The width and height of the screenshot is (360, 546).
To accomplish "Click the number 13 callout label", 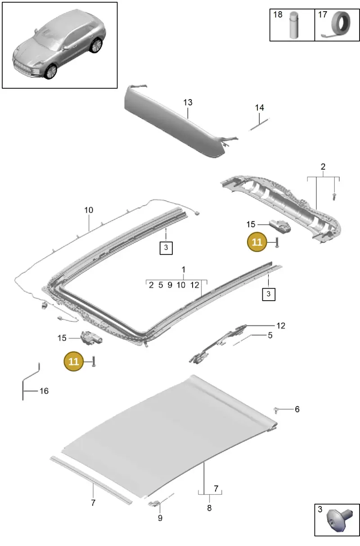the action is coord(188,102).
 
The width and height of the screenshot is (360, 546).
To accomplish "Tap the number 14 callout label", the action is coord(259,108).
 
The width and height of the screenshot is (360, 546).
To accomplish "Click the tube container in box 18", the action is coord(294,25).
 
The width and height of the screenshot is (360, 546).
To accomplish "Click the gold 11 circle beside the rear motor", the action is coord(257,242).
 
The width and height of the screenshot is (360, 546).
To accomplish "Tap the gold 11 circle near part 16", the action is coord(73,361).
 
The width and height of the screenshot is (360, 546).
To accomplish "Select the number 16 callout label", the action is coord(44,391).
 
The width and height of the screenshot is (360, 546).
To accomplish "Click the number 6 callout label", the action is coord(297,409).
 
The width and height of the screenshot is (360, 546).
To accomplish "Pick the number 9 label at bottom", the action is coord(160,518).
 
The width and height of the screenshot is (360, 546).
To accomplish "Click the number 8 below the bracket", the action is coord(209,508).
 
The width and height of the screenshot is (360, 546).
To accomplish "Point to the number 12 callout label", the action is coord(280,325).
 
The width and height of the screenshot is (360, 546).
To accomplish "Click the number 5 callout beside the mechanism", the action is coord(270,335).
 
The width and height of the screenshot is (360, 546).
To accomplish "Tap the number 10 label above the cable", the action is coord(89,210).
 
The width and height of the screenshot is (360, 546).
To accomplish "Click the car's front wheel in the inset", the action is coord(51,72).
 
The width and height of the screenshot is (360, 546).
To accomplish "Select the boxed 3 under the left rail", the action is coord(166,248).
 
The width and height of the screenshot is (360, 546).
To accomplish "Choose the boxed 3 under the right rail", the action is coord(269,294).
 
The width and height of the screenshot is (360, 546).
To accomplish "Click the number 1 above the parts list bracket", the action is coord(183,270).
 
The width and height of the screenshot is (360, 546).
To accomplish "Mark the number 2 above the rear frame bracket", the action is coord(323,167).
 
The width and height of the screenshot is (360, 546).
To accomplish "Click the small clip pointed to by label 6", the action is coord(276,410).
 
